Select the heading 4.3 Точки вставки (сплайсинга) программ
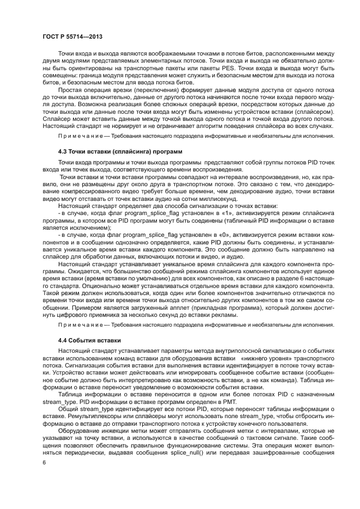[120, 149]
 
